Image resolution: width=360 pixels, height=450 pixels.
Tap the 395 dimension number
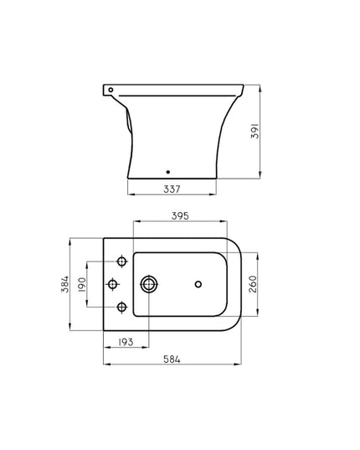[x=180, y=216]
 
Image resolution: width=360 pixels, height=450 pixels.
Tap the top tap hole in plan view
[x=122, y=264]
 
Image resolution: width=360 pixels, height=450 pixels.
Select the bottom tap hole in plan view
[x=122, y=306]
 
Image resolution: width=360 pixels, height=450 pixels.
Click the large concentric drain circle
[x=149, y=285]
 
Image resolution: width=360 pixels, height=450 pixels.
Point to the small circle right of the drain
[x=198, y=285]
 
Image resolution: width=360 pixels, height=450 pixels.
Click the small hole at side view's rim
[x=110, y=88]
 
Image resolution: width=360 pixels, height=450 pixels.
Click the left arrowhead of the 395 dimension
[x=134, y=223]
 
